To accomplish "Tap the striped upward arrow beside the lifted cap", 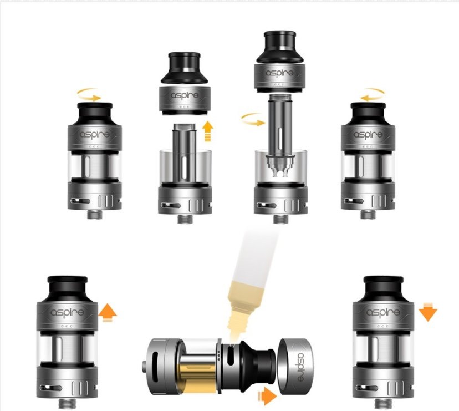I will click(208, 133).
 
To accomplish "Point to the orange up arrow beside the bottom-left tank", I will click(109, 312).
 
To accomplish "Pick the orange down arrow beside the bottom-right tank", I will click(429, 312).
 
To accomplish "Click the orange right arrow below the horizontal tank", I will click(268, 396).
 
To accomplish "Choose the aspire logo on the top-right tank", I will click(366, 135).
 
